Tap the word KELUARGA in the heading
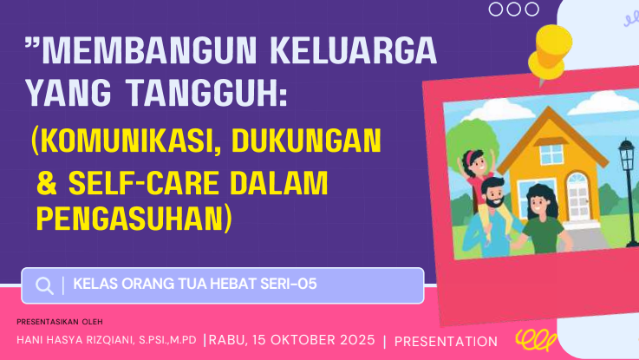click(354, 50)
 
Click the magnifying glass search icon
click(44, 285)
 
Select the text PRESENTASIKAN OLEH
click(60, 322)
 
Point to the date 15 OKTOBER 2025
click(313, 340)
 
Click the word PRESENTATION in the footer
click(446, 342)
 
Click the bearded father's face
click(494, 193)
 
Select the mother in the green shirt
click(543, 219)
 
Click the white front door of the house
click(578, 197)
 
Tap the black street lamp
click(629, 192)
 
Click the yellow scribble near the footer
click(536, 340)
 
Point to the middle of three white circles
click(514, 9)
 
